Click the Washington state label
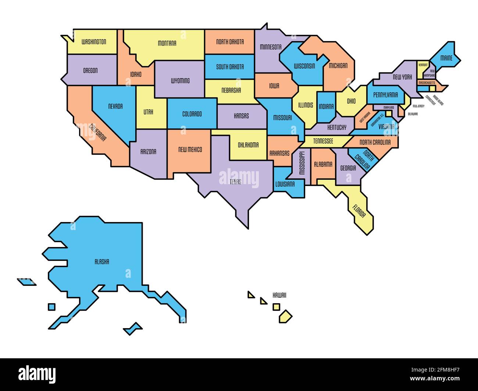[x=94, y=42]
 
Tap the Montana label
[x=167, y=43]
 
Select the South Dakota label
[x=230, y=67]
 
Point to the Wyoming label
[x=180, y=80]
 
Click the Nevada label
[x=115, y=107]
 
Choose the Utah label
[x=148, y=112]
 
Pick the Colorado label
[x=192, y=114]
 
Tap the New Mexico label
[x=190, y=150]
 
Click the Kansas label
[x=241, y=116]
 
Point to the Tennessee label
[x=323, y=141]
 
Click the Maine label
[x=446, y=58]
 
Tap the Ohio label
[x=351, y=101]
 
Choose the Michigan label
[x=338, y=66]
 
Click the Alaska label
[x=101, y=262]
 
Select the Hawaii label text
[x=279, y=295]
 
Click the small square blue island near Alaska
[x=52, y=306]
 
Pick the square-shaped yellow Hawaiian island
[x=276, y=306]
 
